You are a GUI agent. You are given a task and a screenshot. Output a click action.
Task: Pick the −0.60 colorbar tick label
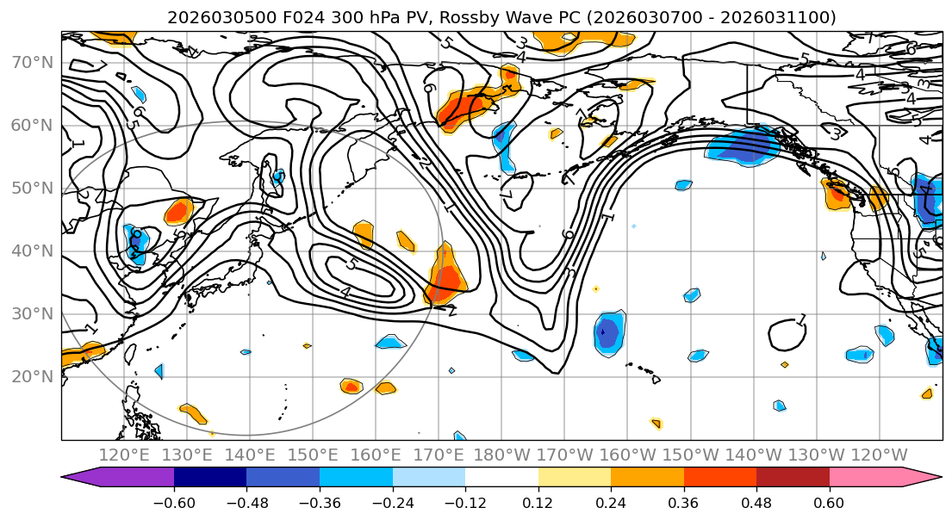tap(174, 501)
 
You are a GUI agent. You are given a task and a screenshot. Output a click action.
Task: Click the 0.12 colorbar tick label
tap(538, 501)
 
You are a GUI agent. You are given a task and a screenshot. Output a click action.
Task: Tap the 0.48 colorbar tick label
tap(756, 501)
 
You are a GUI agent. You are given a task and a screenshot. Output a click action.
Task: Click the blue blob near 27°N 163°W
tap(608, 332)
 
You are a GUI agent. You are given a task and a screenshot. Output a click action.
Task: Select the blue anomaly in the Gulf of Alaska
tap(741, 146)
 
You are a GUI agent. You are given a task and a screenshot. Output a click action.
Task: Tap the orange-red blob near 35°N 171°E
tap(445, 275)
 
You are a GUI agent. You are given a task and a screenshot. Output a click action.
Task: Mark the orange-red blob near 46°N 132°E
tap(179, 211)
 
